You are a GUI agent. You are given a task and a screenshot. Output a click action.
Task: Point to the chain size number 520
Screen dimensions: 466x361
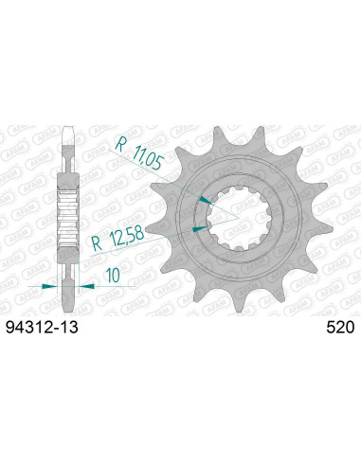click(x=339, y=329)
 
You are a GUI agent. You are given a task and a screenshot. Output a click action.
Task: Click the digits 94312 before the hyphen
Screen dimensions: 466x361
click(x=28, y=329)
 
